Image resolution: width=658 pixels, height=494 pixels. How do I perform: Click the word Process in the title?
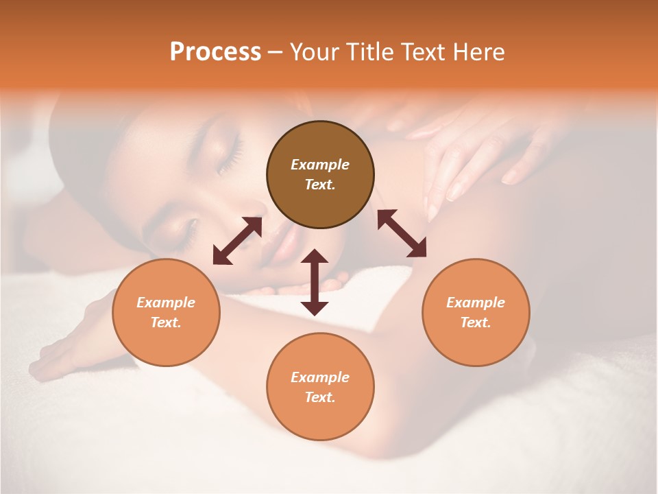pyautogui.click(x=215, y=52)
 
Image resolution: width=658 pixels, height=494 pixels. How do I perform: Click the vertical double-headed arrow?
pyautogui.click(x=315, y=283)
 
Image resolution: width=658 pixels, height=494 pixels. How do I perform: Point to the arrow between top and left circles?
pyautogui.click(x=237, y=241)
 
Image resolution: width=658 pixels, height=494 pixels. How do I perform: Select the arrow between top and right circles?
pyautogui.click(x=402, y=233)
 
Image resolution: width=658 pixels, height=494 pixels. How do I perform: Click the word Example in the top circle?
pyautogui.click(x=320, y=165)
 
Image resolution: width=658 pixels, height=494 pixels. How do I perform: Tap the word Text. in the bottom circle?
pyautogui.click(x=320, y=397)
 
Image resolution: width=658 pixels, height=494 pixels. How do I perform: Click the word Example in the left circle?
pyautogui.click(x=166, y=303)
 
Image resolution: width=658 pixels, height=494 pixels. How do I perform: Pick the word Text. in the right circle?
pyautogui.click(x=476, y=322)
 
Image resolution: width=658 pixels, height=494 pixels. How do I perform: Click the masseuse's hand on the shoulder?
pyautogui.click(x=473, y=151)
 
